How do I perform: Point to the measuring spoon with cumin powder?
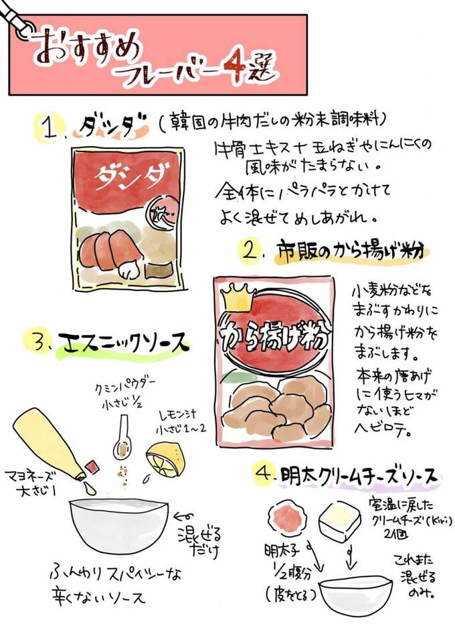click(122, 432)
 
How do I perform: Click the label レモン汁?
click(181, 416)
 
